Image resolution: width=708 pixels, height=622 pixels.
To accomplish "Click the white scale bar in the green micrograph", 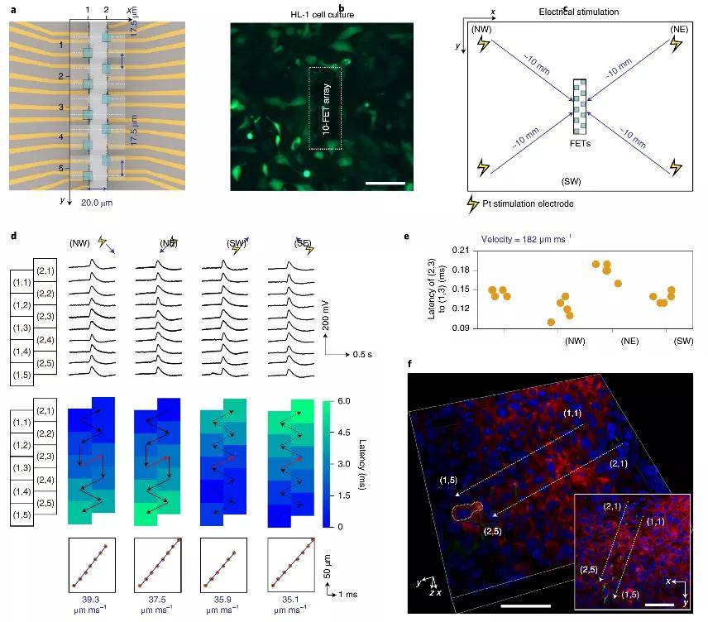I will point(384,182).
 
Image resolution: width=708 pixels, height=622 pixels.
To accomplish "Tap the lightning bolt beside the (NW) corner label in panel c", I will point(483,44).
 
